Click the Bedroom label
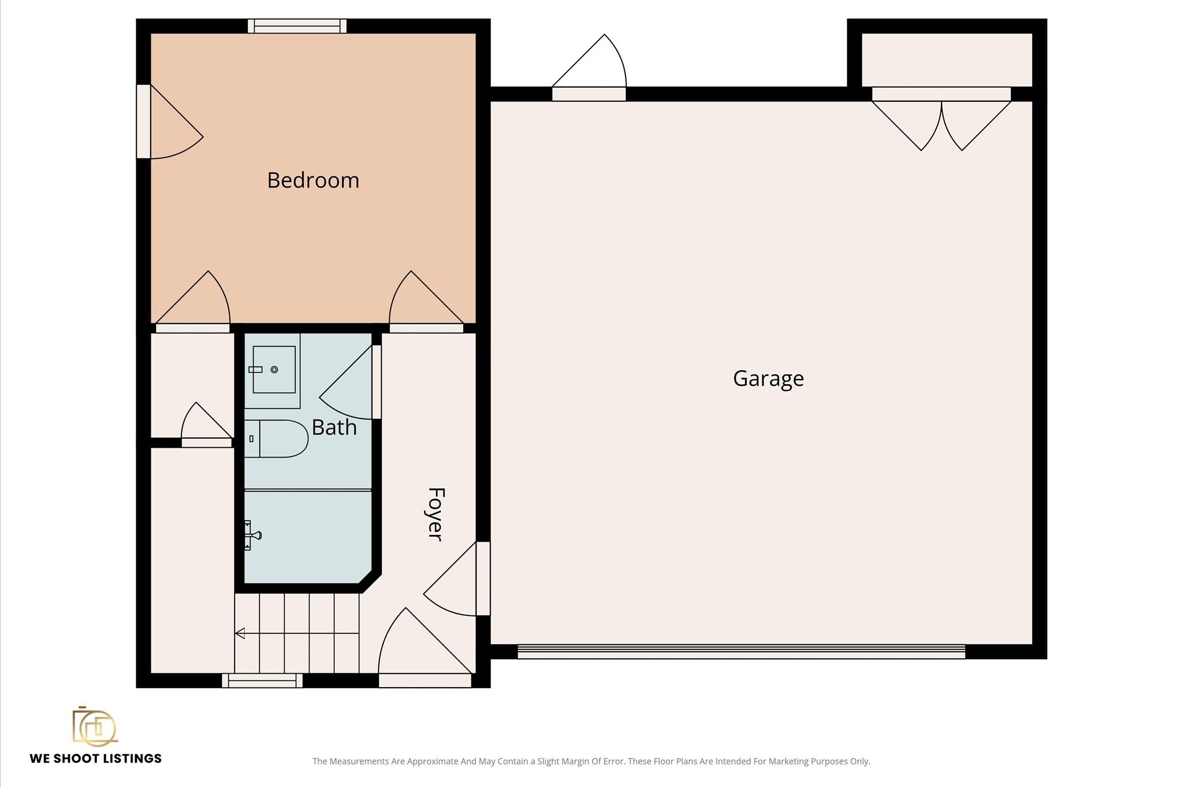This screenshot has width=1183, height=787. click(313, 180)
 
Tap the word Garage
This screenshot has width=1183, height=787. click(768, 379)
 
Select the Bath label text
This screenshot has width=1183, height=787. click(334, 428)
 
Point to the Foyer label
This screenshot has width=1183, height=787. click(435, 514)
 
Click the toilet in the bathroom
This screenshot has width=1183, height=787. click(276, 439)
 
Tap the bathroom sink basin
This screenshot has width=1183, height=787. click(274, 370)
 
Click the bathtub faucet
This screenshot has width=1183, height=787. click(252, 535)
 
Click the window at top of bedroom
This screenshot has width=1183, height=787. click(297, 26)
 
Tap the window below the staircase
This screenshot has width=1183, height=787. click(262, 681)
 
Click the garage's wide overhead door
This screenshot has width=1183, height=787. click(741, 651)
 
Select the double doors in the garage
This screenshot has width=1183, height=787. click(942, 118)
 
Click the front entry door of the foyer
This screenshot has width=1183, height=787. click(425, 648)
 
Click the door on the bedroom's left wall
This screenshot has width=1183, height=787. click(170, 121)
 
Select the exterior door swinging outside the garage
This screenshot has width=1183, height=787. click(589, 68)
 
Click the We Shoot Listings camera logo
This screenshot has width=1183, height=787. click(95, 726)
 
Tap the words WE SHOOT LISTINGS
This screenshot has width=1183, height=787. click(96, 759)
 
